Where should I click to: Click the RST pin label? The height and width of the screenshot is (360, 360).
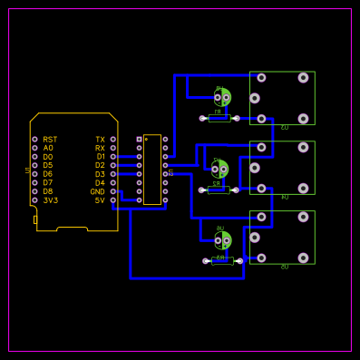coord(50,140)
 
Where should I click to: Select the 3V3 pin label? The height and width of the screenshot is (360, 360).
coord(50,200)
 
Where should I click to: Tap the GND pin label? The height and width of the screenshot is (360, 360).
coord(97,191)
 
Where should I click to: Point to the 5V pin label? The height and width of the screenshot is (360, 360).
coord(100,200)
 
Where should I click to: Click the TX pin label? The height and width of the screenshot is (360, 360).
coord(100,140)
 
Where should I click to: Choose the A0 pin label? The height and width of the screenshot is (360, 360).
coord(48,148)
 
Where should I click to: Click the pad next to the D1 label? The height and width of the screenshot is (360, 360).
coord(113,157)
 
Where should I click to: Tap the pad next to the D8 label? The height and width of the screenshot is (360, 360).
coord(34,191)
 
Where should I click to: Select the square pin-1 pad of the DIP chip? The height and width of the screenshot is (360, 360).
coord(139,140)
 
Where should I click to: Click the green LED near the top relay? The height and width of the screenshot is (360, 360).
coord(222,96)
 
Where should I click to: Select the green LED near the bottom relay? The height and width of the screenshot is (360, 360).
coord(222,239)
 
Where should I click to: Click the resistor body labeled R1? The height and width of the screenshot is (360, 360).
coord(219,118)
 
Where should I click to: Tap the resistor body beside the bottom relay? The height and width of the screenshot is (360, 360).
coord(221,260)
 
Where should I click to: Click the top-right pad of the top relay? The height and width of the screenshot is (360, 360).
coord(303,78)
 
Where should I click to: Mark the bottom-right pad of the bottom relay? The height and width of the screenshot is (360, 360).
coord(303,258)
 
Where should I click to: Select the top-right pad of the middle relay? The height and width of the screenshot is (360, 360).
coord(303,147)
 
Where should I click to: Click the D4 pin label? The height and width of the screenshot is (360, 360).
coord(100,183)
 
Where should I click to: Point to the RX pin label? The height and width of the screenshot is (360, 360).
coord(100,148)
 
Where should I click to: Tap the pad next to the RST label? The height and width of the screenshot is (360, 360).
coord(34,140)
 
